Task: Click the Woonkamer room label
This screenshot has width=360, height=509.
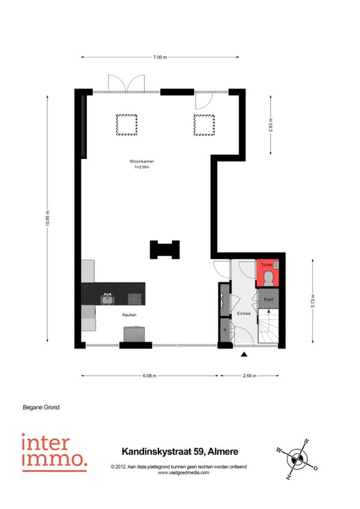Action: point(142,161)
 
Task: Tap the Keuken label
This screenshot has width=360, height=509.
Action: point(129,315)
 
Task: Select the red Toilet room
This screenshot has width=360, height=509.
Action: point(268,273)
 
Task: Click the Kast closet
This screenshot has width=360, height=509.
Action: point(268,299)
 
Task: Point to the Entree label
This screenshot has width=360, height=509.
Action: point(244,313)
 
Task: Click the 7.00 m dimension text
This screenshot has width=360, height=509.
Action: point(160,57)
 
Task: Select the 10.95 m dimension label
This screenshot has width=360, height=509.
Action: point(47,218)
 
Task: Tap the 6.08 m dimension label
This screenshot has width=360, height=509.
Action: point(149,376)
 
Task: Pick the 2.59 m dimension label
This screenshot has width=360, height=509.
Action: point(250,376)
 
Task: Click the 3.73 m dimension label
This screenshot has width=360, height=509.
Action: point(313,301)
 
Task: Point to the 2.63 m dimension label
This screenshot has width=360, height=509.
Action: point(271,125)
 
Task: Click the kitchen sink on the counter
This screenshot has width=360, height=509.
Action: point(107,299)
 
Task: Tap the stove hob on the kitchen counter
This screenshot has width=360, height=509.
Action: point(135,299)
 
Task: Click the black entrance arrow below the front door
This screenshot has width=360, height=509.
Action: point(244,354)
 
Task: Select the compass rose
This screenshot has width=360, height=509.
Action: point(297,459)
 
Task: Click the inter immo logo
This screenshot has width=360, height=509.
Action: point(55,452)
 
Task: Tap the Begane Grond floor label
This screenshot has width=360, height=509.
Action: point(41,407)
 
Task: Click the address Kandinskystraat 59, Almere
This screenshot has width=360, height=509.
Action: point(180,451)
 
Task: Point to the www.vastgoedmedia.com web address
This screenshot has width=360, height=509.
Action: point(184,472)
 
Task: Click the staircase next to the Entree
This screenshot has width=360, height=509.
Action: point(268,325)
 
